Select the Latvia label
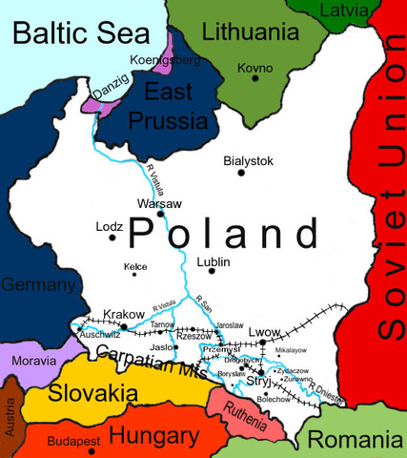point(366,10)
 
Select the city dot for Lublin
point(211,272)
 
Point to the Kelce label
point(135,266)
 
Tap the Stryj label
point(259,381)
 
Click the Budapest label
point(74,444)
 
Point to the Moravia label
point(32,363)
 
